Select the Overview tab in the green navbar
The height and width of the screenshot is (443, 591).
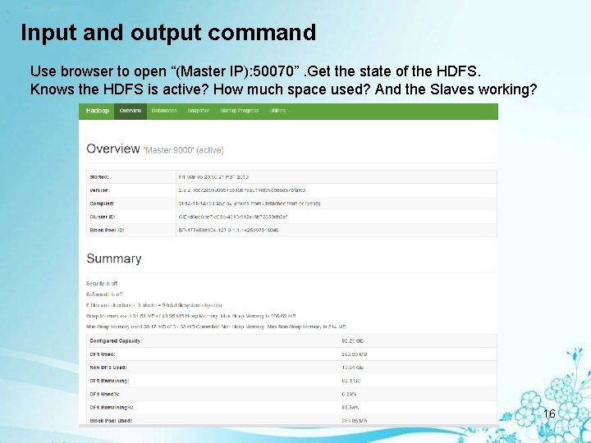[131, 111]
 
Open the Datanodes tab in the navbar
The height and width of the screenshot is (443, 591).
[164, 111]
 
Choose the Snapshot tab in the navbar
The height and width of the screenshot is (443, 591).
[199, 111]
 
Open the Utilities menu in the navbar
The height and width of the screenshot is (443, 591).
[277, 111]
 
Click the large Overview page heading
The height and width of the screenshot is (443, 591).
[113, 148]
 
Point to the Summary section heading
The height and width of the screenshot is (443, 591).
[114, 258]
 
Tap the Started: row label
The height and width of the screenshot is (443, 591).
[99, 176]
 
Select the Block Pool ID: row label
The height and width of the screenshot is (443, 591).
[108, 231]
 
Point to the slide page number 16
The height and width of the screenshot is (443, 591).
[549, 413]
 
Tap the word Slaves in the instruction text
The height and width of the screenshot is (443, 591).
[451, 89]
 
